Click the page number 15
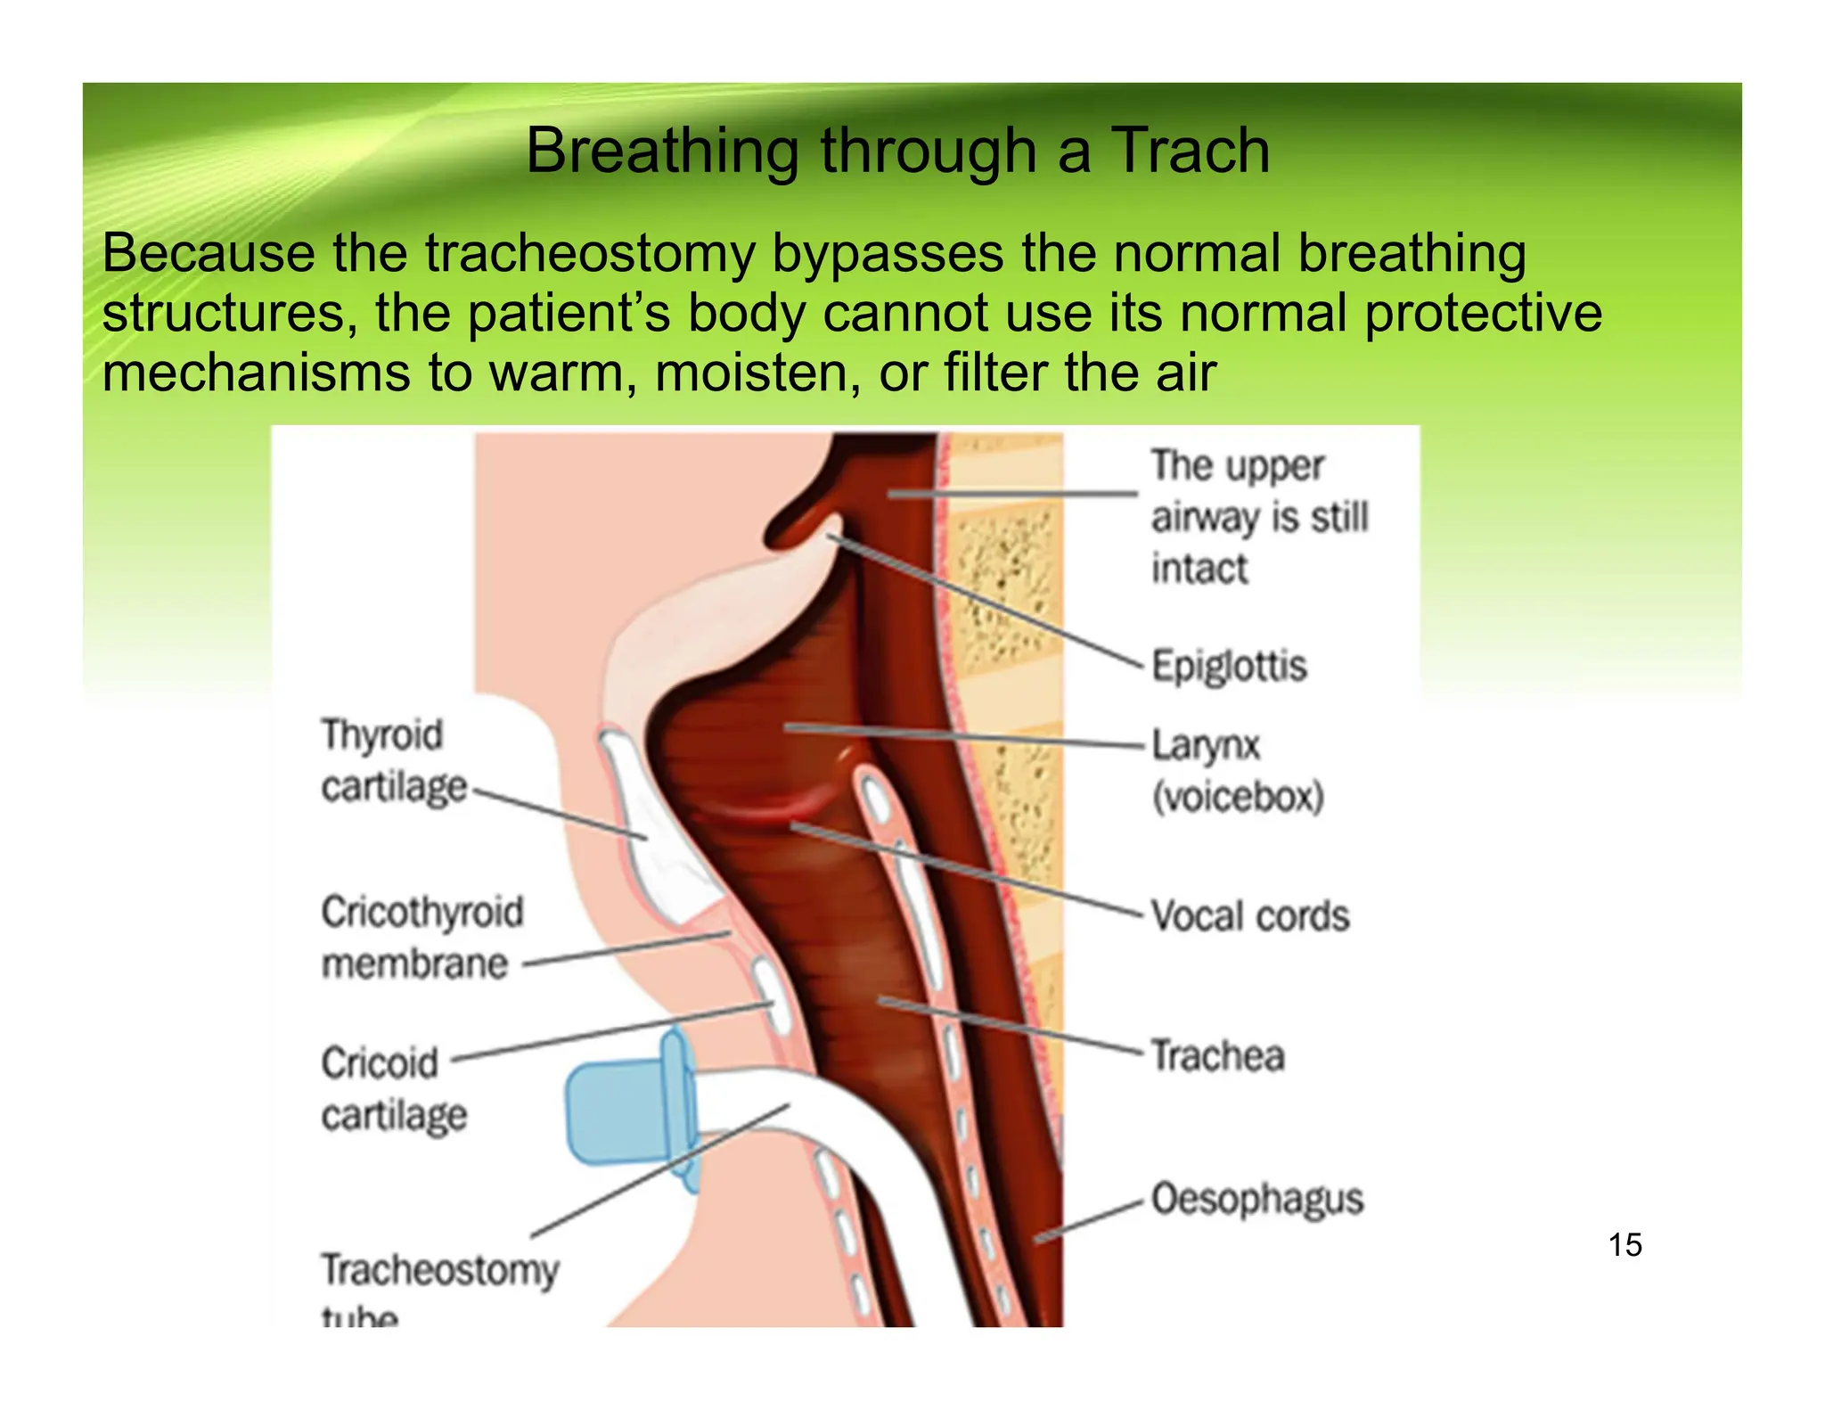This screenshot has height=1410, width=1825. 1625,1245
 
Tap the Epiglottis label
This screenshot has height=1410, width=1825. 1229,666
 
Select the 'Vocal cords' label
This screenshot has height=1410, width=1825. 1250,916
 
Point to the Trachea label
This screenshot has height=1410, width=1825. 1218,1055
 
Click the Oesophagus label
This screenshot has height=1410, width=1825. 1257,1199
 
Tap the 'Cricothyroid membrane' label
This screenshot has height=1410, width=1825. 422,938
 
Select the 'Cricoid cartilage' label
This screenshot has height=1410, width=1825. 394,1089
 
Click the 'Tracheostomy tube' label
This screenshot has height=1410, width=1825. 439,1284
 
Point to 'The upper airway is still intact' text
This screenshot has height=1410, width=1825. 1258,517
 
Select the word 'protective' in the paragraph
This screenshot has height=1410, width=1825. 1483,314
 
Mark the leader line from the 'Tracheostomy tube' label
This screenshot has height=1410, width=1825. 659,1172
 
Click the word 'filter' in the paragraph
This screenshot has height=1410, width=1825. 996,373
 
